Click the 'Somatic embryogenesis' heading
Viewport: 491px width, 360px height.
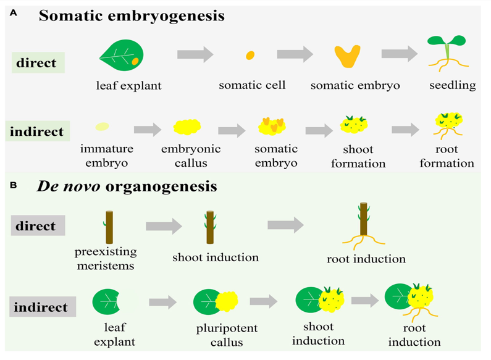point(132,16)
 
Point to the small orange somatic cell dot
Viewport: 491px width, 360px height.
point(250,56)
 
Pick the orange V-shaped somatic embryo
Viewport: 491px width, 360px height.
point(348,57)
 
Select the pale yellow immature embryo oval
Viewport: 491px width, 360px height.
point(102,127)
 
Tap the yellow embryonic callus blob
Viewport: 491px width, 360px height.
point(187,127)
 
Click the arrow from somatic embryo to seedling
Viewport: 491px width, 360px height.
point(400,54)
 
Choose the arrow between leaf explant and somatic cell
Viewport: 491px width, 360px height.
point(195,55)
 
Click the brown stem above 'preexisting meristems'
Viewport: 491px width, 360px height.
point(109,227)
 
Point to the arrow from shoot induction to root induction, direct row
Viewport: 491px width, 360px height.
point(286,225)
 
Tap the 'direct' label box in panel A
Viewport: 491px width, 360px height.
point(38,63)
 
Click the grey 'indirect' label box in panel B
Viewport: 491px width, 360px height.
point(43,306)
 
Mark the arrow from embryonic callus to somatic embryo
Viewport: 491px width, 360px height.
point(232,130)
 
